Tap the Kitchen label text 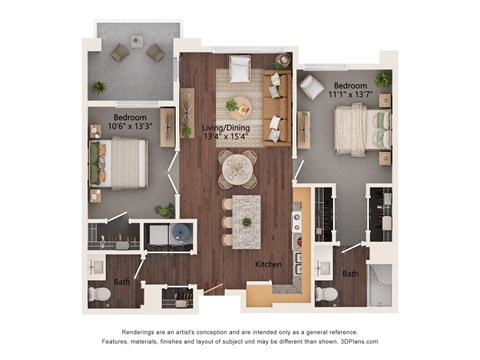click(x=267, y=264)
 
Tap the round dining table click(x=238, y=168)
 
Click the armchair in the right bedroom click(x=312, y=87)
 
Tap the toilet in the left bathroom click(x=99, y=295)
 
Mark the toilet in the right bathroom click(x=326, y=294)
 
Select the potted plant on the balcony click(x=99, y=87)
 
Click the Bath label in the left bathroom click(x=122, y=282)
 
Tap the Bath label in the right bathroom click(x=350, y=273)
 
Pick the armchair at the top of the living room click(x=239, y=68)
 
